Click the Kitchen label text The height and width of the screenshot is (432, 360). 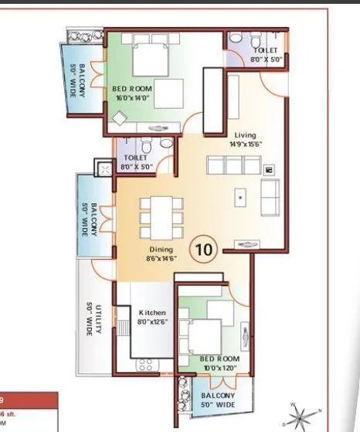[152, 313]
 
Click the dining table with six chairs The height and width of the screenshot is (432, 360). [162, 217]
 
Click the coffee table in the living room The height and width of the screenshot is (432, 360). [241, 197]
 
